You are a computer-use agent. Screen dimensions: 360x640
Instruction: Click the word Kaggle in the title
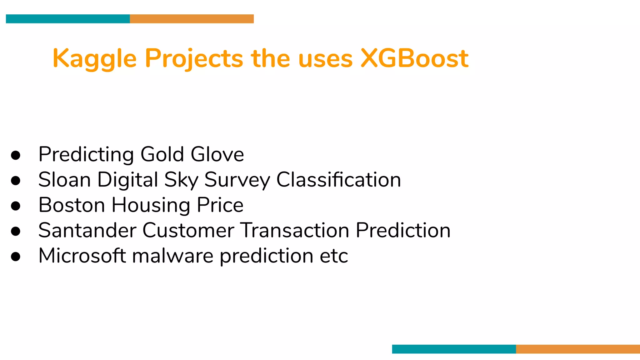95,58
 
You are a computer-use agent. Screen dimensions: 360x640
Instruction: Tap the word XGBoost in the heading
414,58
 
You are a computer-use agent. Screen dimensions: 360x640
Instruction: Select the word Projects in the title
194,58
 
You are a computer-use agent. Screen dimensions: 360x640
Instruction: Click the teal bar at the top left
68,19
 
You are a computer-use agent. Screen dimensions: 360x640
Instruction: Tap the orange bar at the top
192,19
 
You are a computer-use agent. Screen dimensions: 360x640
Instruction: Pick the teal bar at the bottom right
454,349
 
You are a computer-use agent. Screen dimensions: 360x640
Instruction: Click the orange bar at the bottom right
578,349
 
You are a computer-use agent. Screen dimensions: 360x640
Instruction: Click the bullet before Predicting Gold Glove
16,155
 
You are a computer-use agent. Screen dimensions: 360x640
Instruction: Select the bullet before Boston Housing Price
16,206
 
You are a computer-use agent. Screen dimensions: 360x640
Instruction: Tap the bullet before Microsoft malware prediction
16,256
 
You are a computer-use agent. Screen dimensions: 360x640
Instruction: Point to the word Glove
217,154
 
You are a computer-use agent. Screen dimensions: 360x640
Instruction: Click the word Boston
72,205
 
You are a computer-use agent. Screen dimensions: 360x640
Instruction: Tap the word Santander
87,231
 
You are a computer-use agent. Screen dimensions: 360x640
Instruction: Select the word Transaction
295,231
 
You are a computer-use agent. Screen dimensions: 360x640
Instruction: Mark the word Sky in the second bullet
181,180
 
